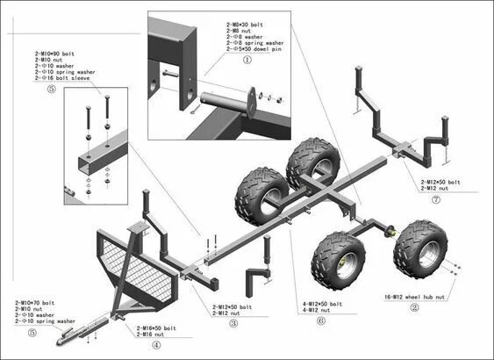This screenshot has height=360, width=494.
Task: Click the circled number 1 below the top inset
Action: click(x=247, y=61)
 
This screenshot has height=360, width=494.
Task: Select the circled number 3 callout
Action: click(x=233, y=324)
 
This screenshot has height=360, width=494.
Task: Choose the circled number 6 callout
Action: click(x=322, y=320)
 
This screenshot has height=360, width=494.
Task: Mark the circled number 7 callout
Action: click(x=436, y=199)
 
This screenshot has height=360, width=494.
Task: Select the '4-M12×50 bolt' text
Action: click(x=322, y=303)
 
